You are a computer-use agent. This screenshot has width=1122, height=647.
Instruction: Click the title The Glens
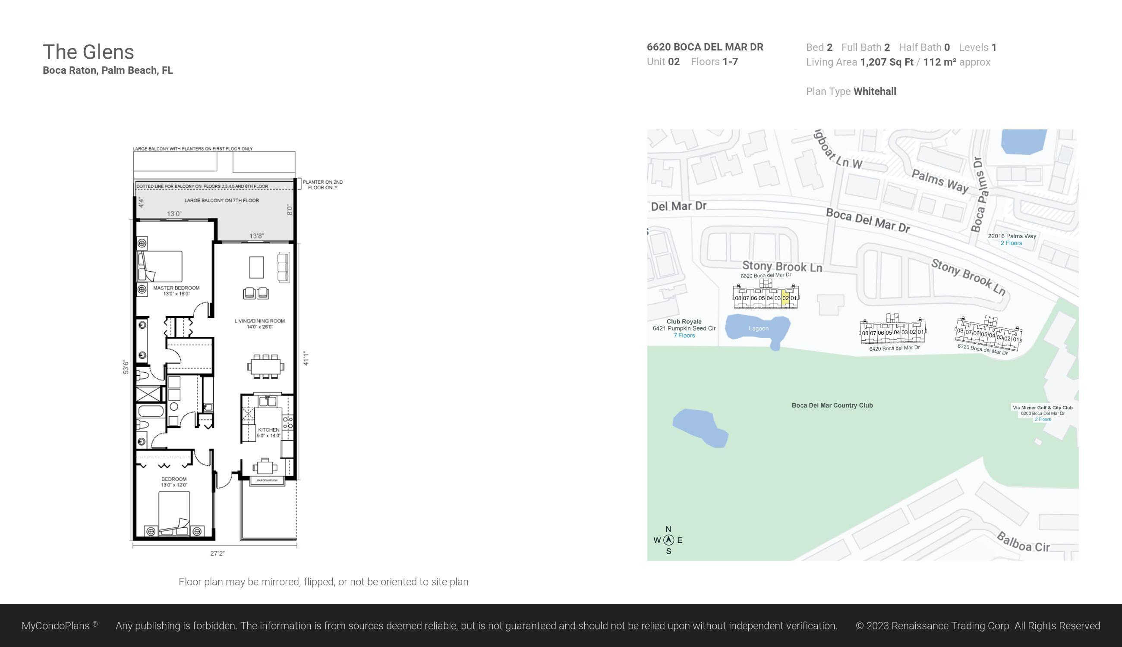click(x=88, y=52)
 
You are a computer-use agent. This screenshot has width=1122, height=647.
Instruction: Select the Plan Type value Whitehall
click(x=874, y=91)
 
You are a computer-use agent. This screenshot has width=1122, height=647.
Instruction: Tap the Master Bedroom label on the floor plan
click(x=176, y=288)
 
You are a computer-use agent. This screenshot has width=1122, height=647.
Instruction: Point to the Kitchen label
click(x=268, y=430)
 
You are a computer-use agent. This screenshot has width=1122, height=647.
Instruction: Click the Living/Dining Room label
click(x=260, y=321)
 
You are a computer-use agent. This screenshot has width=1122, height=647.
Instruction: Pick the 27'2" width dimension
click(x=217, y=553)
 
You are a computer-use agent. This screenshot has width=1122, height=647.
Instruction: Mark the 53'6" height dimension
click(x=126, y=367)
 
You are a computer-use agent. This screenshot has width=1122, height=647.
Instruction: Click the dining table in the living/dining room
click(x=266, y=367)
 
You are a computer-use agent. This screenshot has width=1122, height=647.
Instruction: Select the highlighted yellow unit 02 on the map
click(x=785, y=298)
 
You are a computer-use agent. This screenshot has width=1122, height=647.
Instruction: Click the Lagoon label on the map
click(x=758, y=328)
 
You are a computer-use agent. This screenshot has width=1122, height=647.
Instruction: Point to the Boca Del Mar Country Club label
click(x=832, y=405)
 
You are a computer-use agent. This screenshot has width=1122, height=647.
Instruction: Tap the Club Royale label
click(x=684, y=321)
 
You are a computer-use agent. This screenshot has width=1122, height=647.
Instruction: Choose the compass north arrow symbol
click(x=668, y=540)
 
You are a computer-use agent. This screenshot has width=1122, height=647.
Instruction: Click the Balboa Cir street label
click(x=1023, y=543)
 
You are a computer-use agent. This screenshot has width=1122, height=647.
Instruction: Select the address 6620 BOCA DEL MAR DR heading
click(x=705, y=47)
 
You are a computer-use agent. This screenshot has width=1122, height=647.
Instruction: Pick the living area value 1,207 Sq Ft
click(x=886, y=62)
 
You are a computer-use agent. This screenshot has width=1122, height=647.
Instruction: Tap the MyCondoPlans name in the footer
click(x=56, y=626)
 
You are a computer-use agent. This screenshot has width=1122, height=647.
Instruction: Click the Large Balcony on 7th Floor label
click(x=221, y=201)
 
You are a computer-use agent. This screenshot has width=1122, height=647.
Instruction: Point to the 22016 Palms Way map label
click(x=1012, y=236)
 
